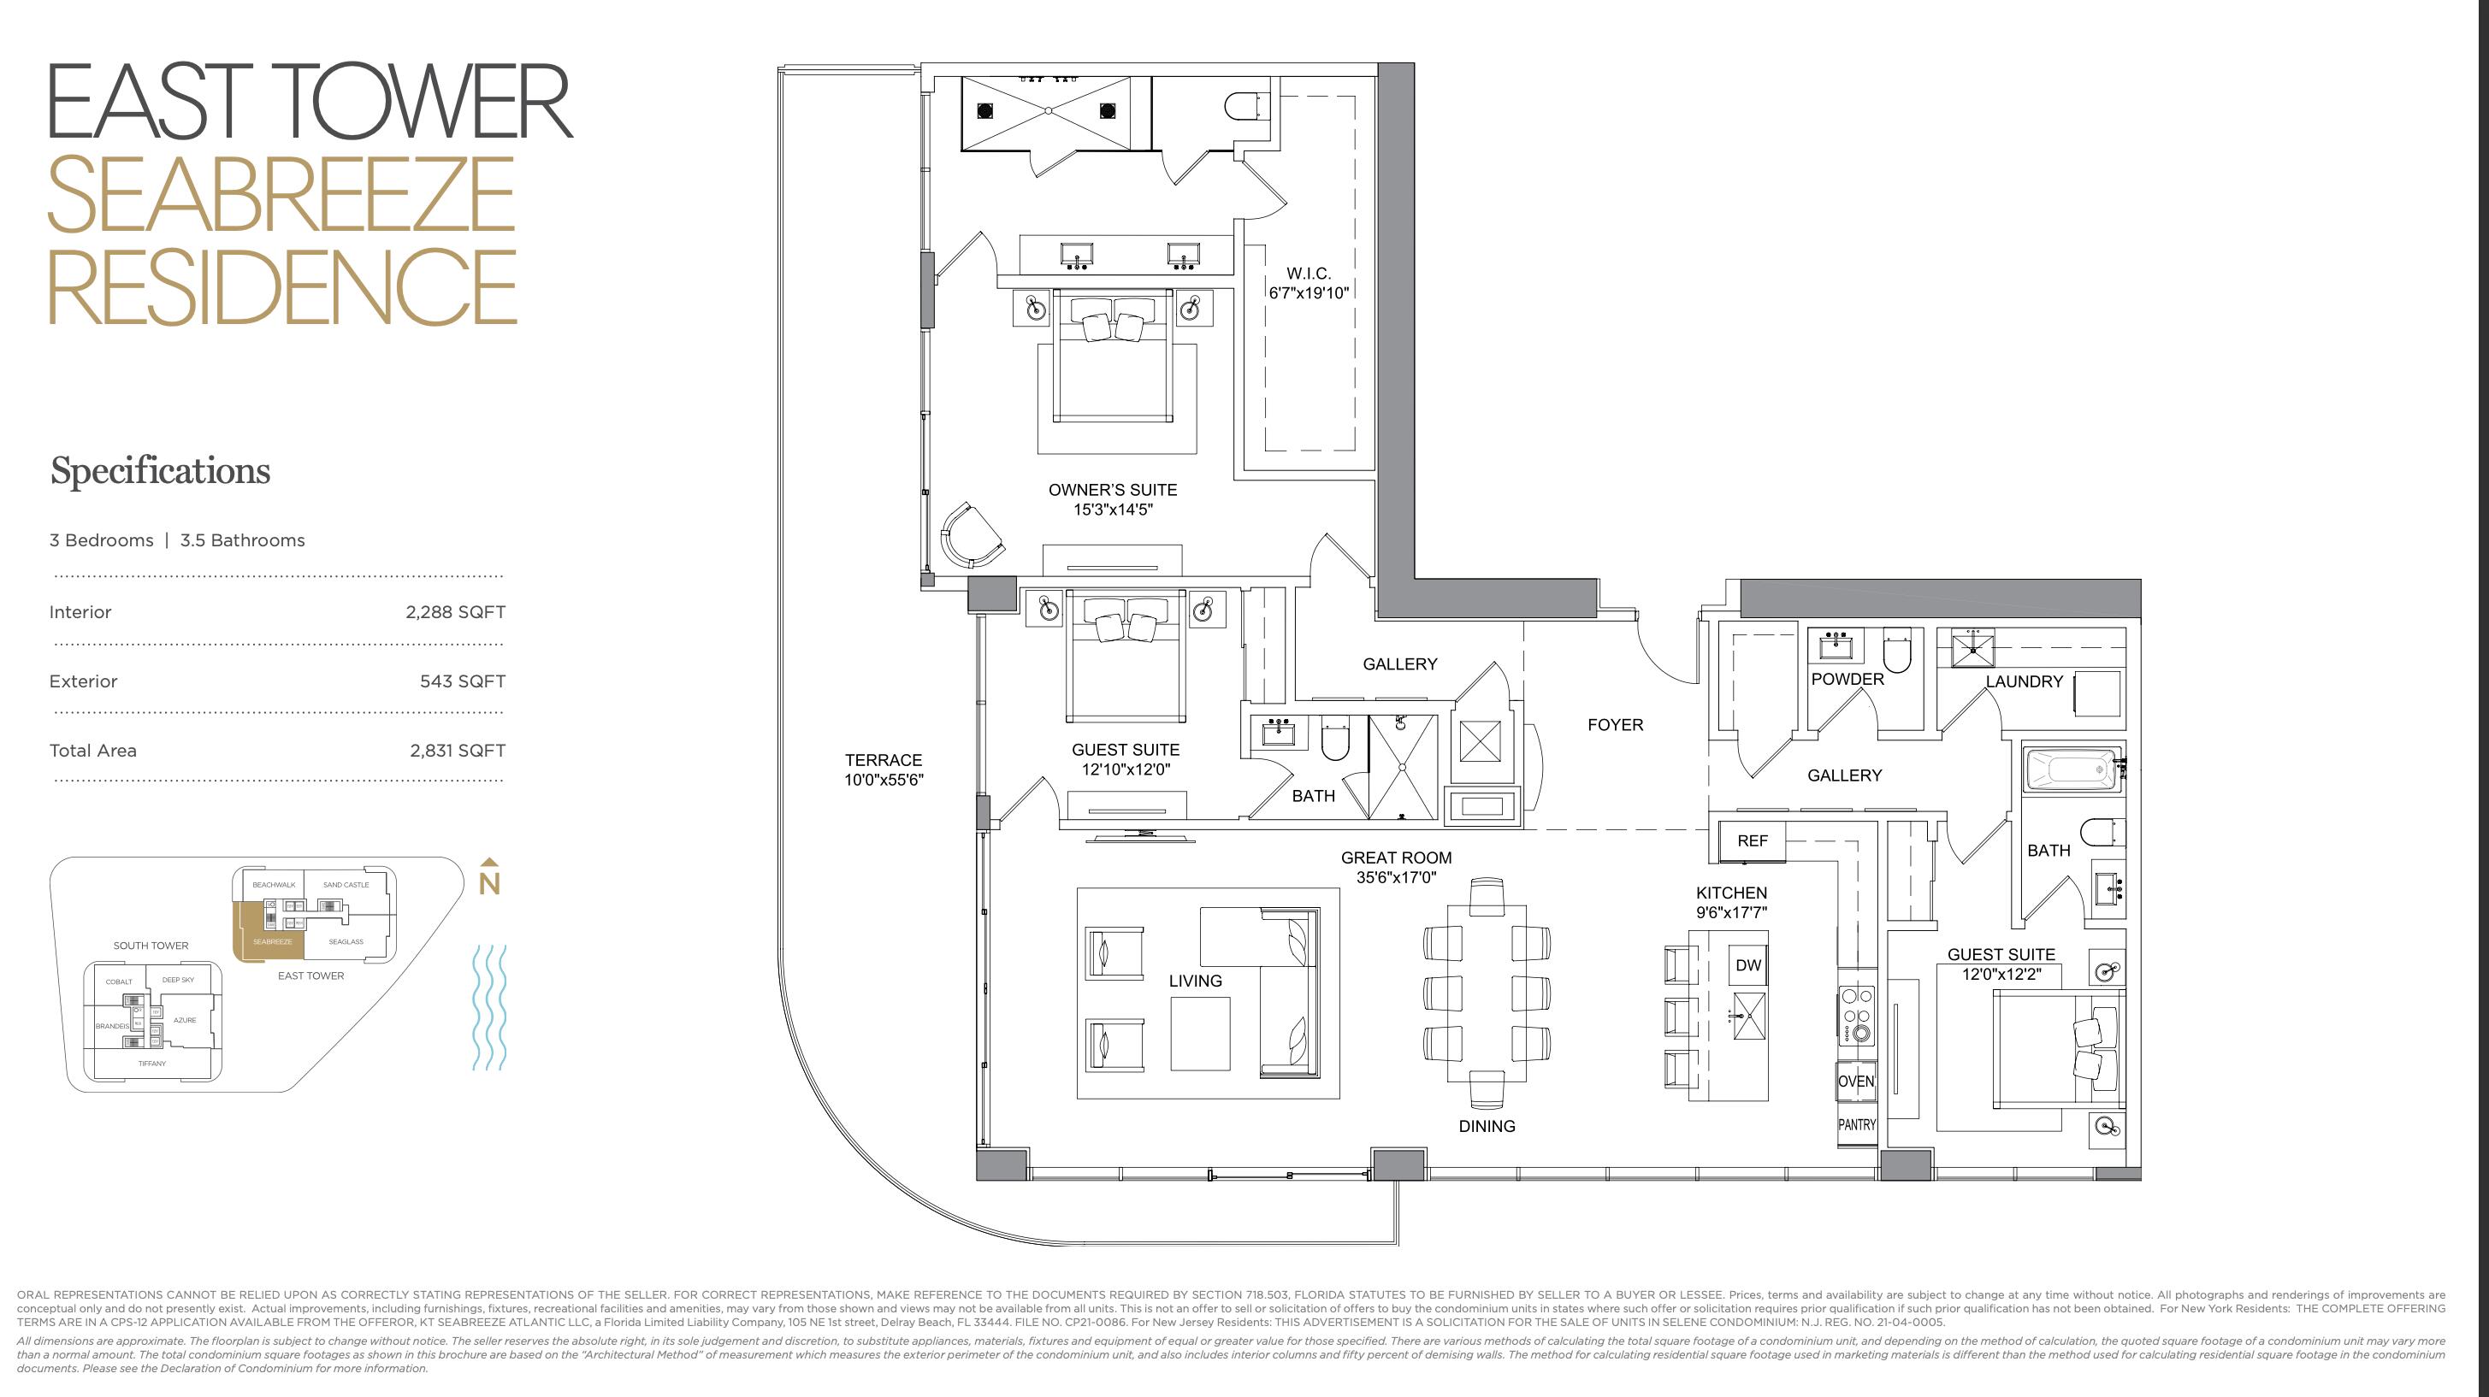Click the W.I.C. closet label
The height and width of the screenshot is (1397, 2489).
tap(1309, 274)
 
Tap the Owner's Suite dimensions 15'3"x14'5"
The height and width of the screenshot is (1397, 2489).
tap(1112, 510)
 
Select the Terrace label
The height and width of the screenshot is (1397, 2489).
tap(884, 760)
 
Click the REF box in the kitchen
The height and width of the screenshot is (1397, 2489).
tap(1752, 841)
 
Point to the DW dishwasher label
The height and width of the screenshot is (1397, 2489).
tap(1748, 965)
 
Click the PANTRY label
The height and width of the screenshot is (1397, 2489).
tap(1856, 1125)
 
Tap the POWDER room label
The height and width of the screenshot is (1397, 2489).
tap(1847, 679)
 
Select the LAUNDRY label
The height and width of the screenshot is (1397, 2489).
tap(2024, 682)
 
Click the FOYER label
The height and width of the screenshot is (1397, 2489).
tap(1615, 725)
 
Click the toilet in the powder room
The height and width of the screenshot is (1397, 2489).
tap(1898, 653)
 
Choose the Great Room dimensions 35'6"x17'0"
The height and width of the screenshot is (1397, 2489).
tap(1395, 878)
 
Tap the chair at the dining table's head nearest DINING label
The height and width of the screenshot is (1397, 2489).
tap(1486, 1089)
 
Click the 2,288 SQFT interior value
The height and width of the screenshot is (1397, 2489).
tap(455, 612)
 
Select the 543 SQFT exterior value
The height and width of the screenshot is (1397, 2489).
tap(462, 682)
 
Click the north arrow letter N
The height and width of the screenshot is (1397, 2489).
tap(489, 884)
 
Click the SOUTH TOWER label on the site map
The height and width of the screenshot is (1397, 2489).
tap(151, 946)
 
